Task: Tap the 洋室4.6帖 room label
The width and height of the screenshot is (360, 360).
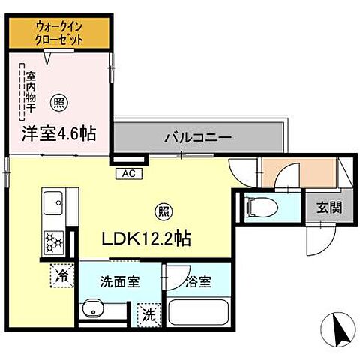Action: click(x=59, y=136)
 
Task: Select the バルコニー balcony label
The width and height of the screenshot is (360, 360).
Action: click(x=198, y=138)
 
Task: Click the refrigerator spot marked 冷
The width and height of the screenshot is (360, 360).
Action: click(x=61, y=275)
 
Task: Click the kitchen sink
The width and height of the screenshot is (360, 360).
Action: click(x=53, y=203)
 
